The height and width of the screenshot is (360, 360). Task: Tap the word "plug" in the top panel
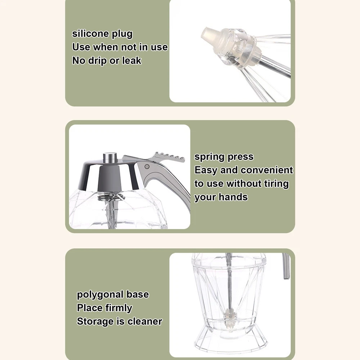tap(122, 35)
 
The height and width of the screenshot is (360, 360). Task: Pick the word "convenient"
tap(267, 170)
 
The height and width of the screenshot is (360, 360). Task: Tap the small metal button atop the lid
tap(110, 158)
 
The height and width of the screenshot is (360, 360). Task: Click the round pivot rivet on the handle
tap(147, 166)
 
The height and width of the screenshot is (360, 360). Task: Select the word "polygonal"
tap(100, 295)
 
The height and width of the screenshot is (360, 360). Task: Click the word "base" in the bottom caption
tap(138, 294)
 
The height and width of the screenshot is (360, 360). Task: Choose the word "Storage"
tap(95, 321)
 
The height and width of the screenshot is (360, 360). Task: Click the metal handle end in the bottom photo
tap(286, 266)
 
